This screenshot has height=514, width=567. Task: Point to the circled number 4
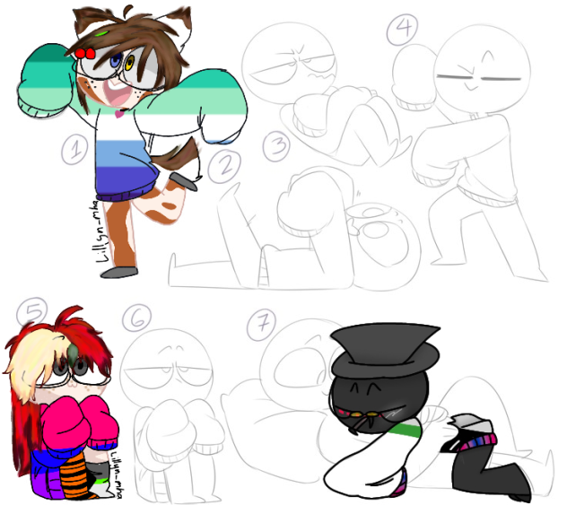click(x=401, y=29)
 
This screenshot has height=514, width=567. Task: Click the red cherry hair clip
click(x=85, y=54)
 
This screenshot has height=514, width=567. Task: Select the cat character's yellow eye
click(x=130, y=63)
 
